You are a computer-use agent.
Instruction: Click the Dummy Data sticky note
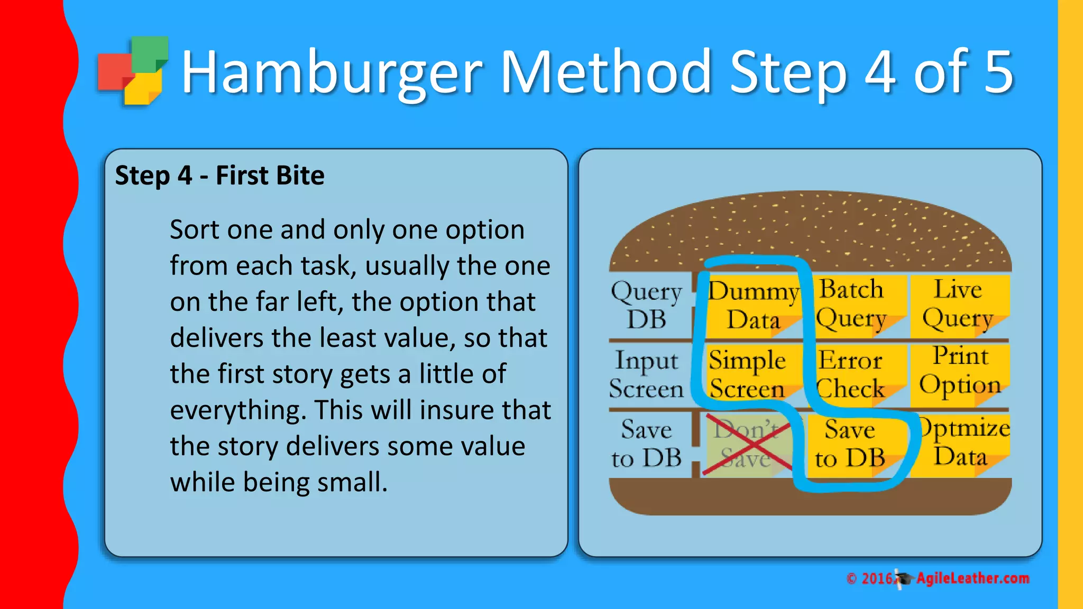pos(752,306)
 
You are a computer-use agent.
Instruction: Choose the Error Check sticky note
pos(851,374)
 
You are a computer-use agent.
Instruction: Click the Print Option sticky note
pos(960,372)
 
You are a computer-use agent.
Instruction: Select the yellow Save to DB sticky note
pos(850,444)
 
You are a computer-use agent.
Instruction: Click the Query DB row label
pos(646,306)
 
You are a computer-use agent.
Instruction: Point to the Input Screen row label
pos(646,374)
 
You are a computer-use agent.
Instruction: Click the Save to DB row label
pos(646,444)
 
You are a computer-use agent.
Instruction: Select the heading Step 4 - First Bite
pos(219,176)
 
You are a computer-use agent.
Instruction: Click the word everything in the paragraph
pos(238,411)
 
